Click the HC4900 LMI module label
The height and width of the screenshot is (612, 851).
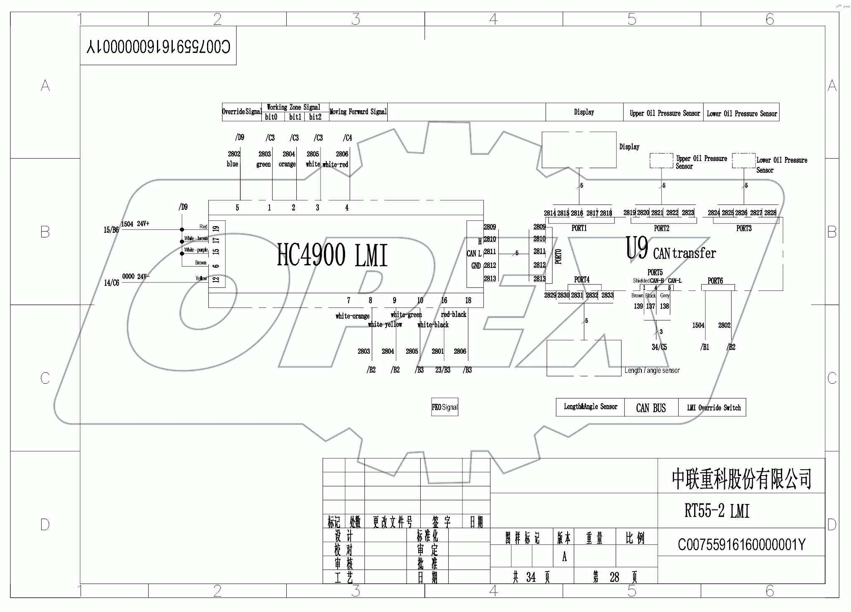tap(332, 255)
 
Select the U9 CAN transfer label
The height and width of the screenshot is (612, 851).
tap(670, 250)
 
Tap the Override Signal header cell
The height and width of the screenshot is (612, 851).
tap(242, 112)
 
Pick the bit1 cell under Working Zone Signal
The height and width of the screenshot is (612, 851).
tap(295, 117)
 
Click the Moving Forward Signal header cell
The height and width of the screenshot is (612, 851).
tap(358, 112)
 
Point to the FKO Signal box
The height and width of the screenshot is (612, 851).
tap(444, 407)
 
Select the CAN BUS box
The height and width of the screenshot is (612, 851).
tap(651, 408)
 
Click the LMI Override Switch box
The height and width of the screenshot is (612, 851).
tap(714, 408)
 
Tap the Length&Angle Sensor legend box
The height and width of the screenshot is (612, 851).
tap(590, 407)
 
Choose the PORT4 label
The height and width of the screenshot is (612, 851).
tap(581, 280)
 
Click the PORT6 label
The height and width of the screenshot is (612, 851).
tap(715, 281)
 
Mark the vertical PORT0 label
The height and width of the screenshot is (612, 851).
tap(558, 256)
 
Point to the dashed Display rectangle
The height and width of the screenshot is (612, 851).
tap(579, 150)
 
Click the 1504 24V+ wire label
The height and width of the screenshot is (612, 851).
tap(135, 224)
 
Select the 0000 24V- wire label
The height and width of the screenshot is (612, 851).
tap(136, 277)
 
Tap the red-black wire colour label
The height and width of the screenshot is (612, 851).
tap(453, 315)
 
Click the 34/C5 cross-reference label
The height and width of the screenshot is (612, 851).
tap(659, 347)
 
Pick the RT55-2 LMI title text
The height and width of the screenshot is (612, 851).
tap(717, 511)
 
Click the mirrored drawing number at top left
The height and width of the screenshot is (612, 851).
tap(158, 46)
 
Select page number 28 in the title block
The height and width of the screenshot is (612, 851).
tap(614, 577)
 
